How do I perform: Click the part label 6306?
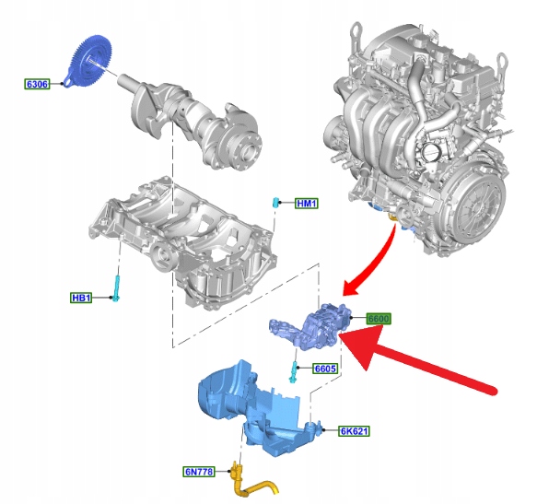pos(37,84)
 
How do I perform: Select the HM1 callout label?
pos(307,204)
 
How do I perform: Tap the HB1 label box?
pos(81,298)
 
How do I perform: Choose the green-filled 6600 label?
pos(379,319)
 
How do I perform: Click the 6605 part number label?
pos(325,369)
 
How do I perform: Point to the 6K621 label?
pos(354,431)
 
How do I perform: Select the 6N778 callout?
pos(199,472)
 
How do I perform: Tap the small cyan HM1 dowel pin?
pos(275,203)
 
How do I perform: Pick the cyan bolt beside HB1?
pos(116,289)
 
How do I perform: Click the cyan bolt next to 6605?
pos(294,372)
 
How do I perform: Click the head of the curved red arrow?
pos(353,287)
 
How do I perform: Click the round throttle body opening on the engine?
pos(430,151)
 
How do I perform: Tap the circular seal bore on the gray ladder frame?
pos(163,256)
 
